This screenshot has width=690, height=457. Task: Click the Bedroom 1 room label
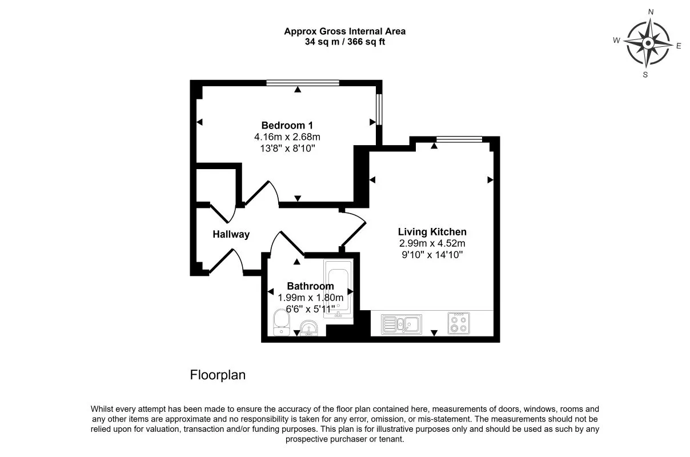[x=287, y=125]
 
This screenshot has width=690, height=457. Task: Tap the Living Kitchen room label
[x=432, y=232]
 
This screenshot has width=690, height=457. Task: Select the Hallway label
[x=231, y=234]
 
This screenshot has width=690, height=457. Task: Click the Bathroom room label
[x=310, y=286]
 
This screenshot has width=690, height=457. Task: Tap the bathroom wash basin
[x=309, y=328]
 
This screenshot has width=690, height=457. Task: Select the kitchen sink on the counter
[x=402, y=324]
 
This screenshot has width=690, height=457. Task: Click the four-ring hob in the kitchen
[x=459, y=323]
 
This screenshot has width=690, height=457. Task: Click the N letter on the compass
[x=650, y=11]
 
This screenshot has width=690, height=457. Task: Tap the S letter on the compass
[x=645, y=74]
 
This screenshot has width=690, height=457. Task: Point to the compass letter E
[x=679, y=46]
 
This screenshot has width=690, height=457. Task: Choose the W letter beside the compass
[x=616, y=40]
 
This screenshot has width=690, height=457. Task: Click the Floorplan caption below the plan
[x=217, y=375]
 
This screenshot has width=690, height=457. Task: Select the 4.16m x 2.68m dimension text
[x=287, y=137]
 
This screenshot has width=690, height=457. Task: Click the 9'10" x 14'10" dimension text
[x=432, y=255]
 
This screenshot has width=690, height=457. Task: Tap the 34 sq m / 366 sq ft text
[x=344, y=42]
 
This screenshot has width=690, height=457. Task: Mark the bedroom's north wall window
[x=303, y=83]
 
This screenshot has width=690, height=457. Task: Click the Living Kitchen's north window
[x=459, y=139]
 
